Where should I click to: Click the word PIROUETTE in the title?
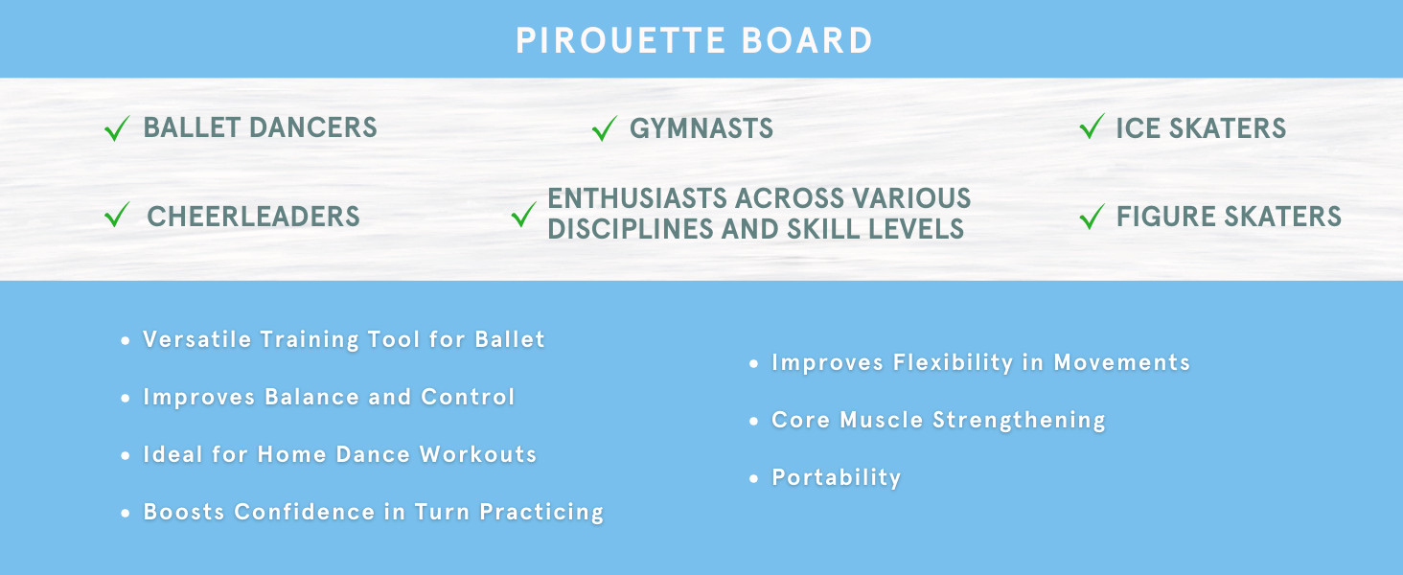[620, 40]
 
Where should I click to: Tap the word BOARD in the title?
[807, 40]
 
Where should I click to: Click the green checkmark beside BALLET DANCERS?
[117, 128]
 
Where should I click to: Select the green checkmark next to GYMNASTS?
[605, 128]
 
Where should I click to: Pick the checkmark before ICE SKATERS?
[1092, 126]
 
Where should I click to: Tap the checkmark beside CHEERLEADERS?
[117, 215]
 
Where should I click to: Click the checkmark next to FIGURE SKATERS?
[1092, 217]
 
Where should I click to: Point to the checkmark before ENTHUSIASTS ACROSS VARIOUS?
[523, 215]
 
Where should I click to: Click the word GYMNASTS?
[701, 128]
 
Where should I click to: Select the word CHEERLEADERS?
[253, 217]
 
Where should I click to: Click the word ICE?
[1138, 128]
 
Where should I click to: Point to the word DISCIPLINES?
[630, 229]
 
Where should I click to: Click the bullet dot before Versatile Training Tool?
[126, 340]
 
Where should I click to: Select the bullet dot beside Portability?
[753, 478]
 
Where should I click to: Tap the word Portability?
[837, 478]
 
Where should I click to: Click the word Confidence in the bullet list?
[305, 512]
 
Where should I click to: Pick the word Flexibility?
[953, 362]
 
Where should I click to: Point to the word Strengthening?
[1019, 421]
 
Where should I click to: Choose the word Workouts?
[478, 454]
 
